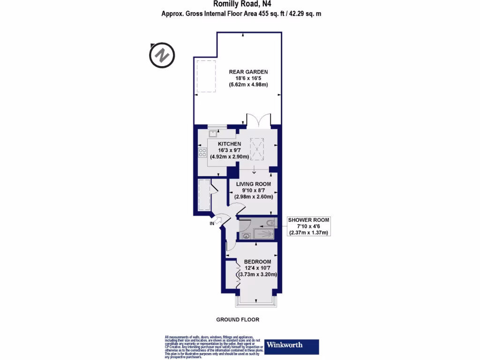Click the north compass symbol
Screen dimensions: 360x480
pos(162,55)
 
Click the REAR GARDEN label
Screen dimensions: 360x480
pos(248,72)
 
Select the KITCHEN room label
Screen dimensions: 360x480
pos(229,144)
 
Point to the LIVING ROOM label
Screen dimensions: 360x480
pos(253,184)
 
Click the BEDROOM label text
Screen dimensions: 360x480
pos(257,261)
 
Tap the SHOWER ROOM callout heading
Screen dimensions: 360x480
pos(308,220)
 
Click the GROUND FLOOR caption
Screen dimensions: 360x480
pos(237,320)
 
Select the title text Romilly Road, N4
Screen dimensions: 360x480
pos(242,4)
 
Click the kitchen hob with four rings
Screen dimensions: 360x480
pos(203,152)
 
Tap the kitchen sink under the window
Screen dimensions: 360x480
pos(206,133)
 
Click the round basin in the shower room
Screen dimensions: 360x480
pos(247,236)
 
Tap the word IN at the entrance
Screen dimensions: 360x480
pos(212,224)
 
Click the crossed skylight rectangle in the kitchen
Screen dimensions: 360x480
pos(257,148)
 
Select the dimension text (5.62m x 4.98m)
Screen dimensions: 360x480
pos(248,85)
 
